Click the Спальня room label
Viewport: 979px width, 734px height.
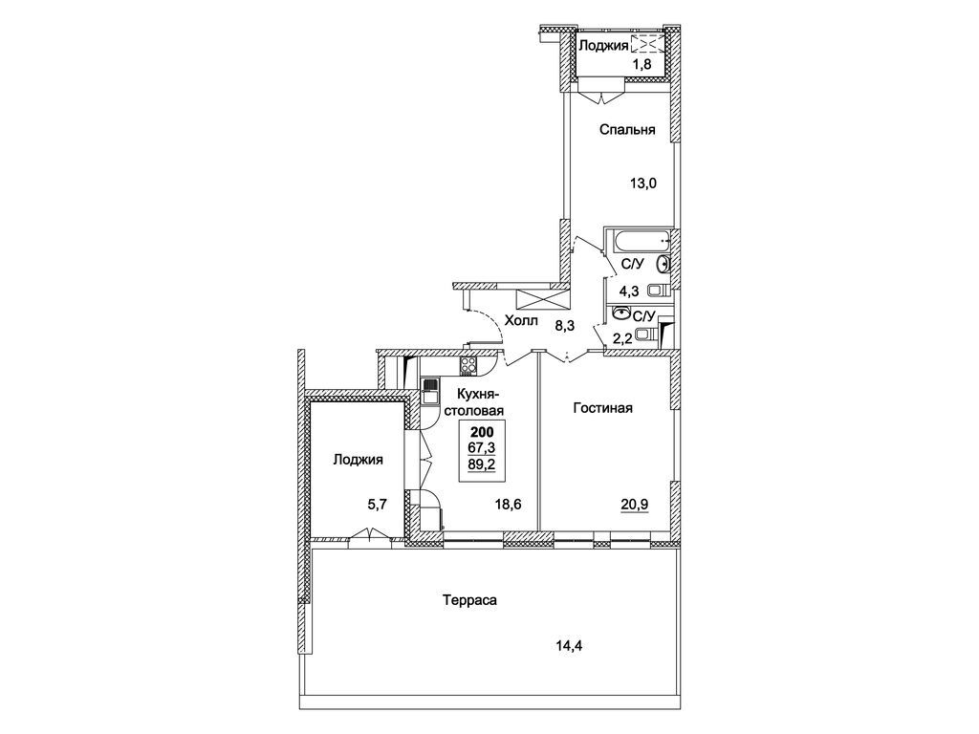point(627,130)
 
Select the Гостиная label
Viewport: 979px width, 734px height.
point(602,408)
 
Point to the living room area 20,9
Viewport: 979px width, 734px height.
point(635,504)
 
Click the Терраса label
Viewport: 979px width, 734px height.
point(469,600)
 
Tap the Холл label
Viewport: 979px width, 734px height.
point(521,321)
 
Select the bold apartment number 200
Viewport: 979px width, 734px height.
point(482,432)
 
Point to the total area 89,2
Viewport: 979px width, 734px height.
point(482,464)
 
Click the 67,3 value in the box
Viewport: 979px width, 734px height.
point(482,447)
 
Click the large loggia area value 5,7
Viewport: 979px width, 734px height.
point(378,505)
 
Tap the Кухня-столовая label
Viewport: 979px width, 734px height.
point(480,402)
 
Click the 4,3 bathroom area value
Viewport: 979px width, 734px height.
point(629,291)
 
